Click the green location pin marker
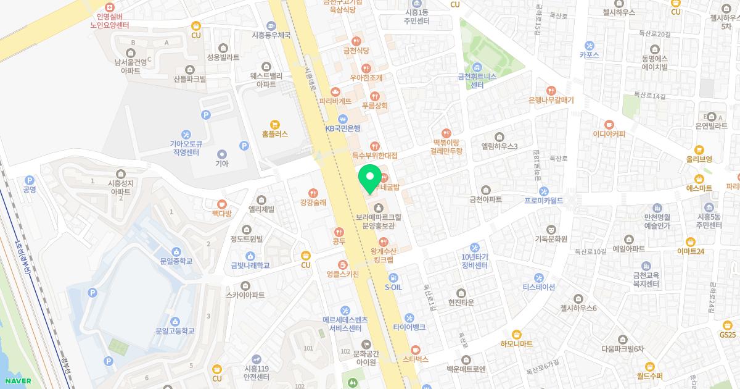[370, 178]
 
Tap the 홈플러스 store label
[274, 133]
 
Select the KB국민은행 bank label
[343, 128]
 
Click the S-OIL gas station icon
[393, 277]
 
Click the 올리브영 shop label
[699, 159]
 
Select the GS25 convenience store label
[728, 334]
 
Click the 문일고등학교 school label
[175, 331]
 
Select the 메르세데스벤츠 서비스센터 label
[345, 324]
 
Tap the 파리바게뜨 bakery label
[335, 101]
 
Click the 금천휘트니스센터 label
[477, 80]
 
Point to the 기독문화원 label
[551, 238]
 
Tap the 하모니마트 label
[517, 343]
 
